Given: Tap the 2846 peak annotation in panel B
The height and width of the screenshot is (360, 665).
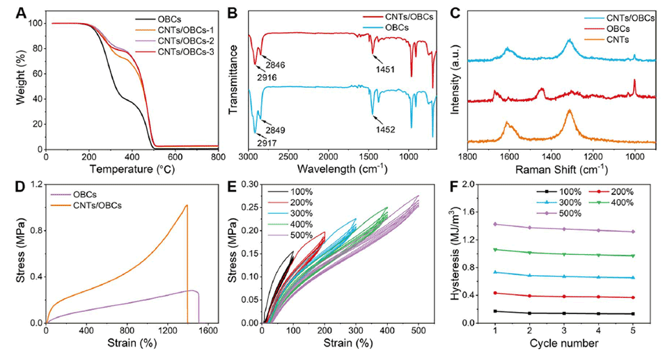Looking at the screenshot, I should point(275,65).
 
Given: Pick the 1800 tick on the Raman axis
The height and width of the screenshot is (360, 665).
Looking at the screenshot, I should point(467,157).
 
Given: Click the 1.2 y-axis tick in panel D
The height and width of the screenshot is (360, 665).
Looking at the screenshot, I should point(32,185).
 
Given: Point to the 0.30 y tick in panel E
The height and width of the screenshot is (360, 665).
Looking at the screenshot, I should point(249,185).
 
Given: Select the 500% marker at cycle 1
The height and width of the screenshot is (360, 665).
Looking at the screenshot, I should point(495,224).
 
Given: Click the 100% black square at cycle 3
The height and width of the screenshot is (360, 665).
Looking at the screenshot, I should point(574,313).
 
